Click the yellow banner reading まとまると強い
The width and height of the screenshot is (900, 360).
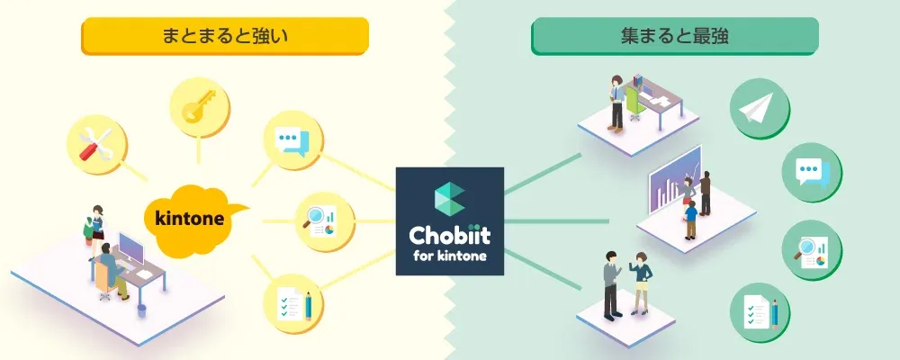224,36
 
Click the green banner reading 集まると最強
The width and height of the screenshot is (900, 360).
674,36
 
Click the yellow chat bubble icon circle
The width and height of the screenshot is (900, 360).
292,140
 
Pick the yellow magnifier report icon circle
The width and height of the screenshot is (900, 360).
326,221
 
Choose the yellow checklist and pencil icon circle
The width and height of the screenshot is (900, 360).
293,303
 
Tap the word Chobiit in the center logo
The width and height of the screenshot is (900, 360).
449,235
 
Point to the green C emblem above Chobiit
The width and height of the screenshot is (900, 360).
449,197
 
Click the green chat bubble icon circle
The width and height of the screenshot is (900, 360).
812,172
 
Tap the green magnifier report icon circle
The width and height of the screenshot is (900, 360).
812,251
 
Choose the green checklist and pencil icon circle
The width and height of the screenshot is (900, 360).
760,313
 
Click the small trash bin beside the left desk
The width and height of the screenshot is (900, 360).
142,310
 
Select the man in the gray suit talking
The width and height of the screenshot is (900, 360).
611,284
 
